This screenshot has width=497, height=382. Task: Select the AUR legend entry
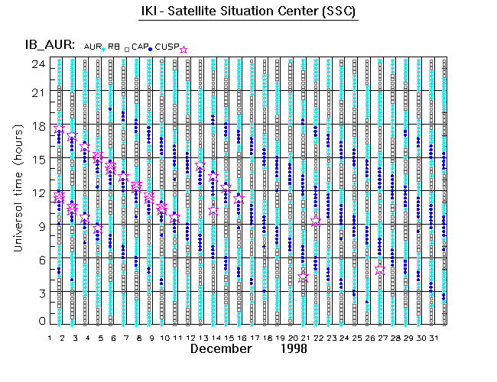pos(93,47)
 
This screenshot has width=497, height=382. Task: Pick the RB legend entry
pos(114,47)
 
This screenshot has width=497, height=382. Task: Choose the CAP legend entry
pos(140,47)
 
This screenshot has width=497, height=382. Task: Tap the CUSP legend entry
pos(167,47)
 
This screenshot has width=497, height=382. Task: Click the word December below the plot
pos(221,349)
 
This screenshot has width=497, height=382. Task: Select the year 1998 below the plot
pos(293,349)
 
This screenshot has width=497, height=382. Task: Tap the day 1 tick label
pos(50,337)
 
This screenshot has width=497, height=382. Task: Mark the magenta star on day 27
pos(380,270)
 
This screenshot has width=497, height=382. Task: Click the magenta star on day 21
pos(303,277)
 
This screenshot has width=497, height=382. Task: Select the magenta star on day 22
pos(316,222)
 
